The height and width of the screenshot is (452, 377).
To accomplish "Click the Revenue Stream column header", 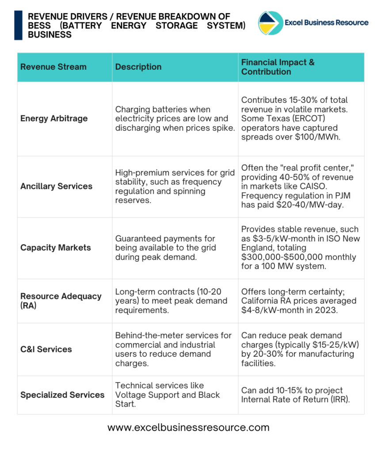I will [x=53, y=67].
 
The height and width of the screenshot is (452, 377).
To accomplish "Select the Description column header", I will [x=138, y=67].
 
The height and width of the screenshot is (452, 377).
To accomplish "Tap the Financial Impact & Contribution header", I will [x=278, y=67].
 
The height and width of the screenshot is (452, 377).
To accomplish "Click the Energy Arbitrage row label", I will [x=54, y=118].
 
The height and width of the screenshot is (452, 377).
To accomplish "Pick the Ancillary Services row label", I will [x=56, y=186].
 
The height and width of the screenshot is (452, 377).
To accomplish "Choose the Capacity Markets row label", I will [x=56, y=248].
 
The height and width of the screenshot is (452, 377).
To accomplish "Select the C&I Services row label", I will [x=46, y=349].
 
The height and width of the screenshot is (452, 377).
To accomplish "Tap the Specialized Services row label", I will [x=62, y=395].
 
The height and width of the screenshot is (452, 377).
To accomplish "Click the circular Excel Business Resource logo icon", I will [x=270, y=23].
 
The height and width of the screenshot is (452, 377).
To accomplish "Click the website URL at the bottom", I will [x=188, y=427].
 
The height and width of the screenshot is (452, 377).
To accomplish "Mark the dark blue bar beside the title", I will [x=18, y=25].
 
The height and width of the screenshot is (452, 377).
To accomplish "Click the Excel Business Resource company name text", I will [x=327, y=23].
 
